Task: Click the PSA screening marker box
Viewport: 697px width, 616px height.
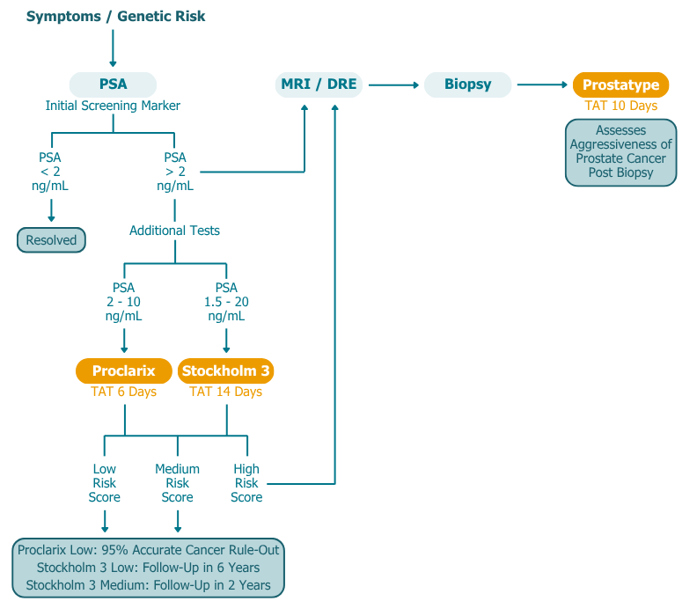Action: (113, 84)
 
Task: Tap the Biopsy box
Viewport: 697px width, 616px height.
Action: (467, 84)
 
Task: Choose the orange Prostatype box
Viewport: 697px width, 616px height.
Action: (620, 84)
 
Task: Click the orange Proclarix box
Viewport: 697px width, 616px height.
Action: (123, 371)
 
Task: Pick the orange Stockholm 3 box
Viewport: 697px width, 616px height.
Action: (226, 371)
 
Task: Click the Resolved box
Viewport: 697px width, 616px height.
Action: (51, 240)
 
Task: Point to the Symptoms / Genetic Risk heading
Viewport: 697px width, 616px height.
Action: (115, 17)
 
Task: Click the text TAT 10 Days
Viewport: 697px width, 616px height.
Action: (620, 106)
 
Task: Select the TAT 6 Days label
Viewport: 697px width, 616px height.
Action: (123, 392)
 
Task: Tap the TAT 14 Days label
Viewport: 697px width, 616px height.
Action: (226, 392)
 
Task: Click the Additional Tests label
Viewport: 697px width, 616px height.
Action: (174, 231)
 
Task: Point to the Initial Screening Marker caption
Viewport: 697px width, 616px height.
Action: (113, 106)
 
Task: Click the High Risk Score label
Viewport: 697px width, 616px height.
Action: (246, 483)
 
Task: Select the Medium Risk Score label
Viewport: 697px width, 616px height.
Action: (177, 483)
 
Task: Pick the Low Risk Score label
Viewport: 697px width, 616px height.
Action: (105, 483)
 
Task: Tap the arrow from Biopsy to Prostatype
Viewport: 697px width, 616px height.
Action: (542, 84)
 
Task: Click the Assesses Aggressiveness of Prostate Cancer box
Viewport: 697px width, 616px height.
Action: (620, 152)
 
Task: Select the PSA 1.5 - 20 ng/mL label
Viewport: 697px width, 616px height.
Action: (226, 302)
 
